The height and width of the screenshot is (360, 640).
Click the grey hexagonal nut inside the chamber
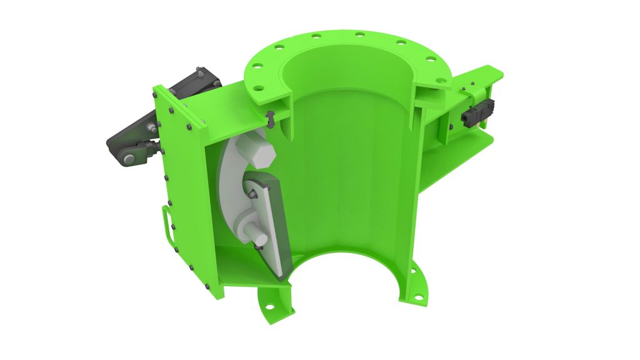pos(259,153)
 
